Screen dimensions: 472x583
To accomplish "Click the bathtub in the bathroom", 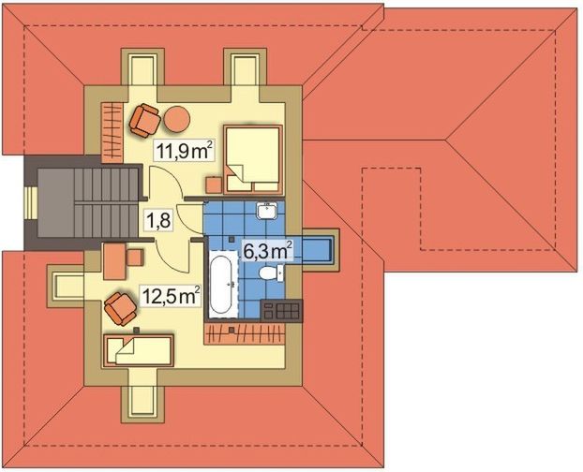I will tap(221, 283).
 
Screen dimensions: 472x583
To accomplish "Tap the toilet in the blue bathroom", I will tap(270, 274).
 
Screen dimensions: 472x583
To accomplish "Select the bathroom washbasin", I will tap(267, 210).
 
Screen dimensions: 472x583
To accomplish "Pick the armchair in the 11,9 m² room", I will tap(145, 119).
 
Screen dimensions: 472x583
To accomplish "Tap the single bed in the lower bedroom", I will tap(139, 351).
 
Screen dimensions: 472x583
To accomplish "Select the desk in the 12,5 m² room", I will tap(114, 260).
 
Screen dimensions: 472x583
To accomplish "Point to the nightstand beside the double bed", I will tap(214, 184).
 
